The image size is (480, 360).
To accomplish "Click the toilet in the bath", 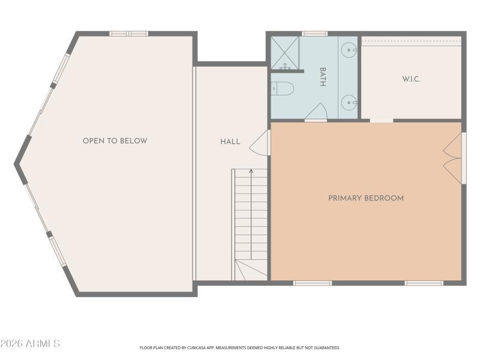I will (x=282, y=89).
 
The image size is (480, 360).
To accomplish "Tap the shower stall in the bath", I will (x=284, y=53).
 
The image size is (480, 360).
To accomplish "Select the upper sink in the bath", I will (x=349, y=50).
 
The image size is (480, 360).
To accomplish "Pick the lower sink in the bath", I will (x=349, y=102).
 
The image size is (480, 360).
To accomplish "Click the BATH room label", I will (x=322, y=77).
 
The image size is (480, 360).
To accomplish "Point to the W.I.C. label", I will (x=411, y=79).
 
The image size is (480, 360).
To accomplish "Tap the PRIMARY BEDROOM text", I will (x=365, y=198).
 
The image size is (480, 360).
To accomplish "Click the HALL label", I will (x=230, y=142).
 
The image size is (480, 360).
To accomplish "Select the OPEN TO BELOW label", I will (x=115, y=141).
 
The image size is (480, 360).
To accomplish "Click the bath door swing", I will (x=316, y=112).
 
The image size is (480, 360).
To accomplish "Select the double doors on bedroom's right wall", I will (x=454, y=158).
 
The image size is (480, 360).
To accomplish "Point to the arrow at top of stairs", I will (x=251, y=172).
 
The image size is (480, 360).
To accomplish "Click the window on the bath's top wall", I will (x=314, y=34).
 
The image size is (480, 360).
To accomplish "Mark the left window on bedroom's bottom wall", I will (x=312, y=283).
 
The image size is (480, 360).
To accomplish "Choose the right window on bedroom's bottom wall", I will (x=424, y=283).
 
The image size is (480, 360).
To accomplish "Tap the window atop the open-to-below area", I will (x=128, y=34).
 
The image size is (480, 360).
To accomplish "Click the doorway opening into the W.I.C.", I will (x=381, y=121).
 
